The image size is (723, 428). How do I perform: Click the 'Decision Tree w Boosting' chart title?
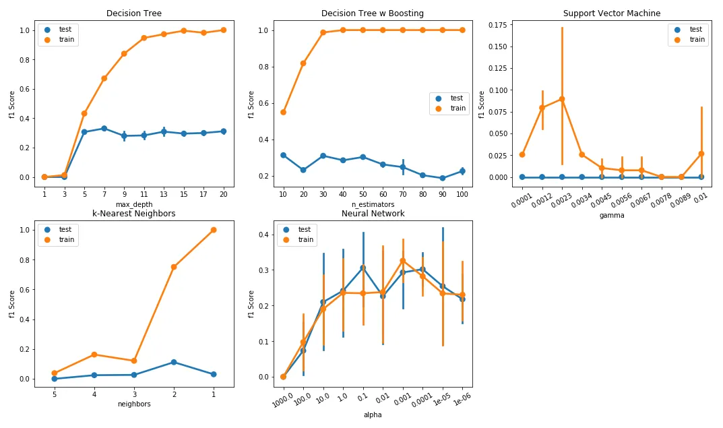373,13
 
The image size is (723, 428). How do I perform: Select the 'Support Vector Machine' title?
611,13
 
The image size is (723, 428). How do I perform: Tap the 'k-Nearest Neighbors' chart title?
133,214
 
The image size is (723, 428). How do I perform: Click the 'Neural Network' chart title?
373,214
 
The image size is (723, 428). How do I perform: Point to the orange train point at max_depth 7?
104,78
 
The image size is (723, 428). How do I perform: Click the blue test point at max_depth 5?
84,132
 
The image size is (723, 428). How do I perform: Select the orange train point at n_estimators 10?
283,112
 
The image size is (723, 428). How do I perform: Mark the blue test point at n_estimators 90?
442,179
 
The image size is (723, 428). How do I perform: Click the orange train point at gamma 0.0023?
562,99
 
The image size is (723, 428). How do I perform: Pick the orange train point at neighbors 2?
174,267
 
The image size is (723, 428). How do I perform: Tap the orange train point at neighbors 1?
214,230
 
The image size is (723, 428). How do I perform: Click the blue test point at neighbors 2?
174,362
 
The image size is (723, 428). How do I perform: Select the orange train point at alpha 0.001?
402,261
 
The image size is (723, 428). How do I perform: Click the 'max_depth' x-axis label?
133,204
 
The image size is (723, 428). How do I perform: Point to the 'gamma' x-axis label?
611,216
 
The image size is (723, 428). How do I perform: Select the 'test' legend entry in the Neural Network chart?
305,229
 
